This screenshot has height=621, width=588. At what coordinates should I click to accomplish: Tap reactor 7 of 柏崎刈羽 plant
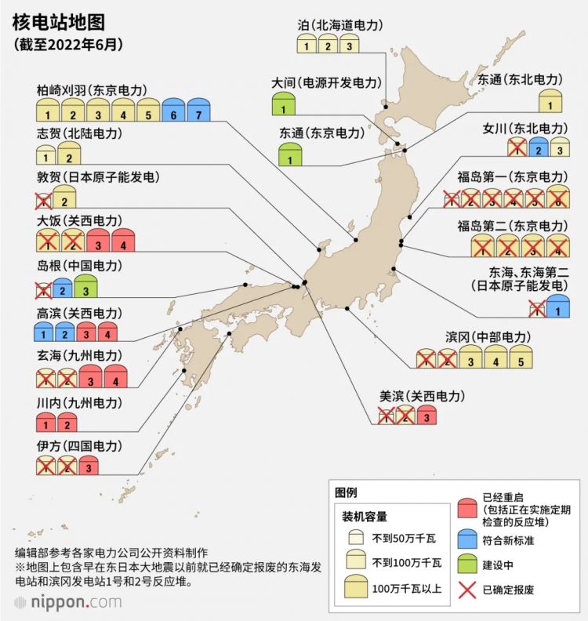(198, 110)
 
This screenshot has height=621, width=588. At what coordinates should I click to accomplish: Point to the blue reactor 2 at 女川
(537, 147)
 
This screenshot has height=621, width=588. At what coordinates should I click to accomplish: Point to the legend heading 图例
(346, 492)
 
